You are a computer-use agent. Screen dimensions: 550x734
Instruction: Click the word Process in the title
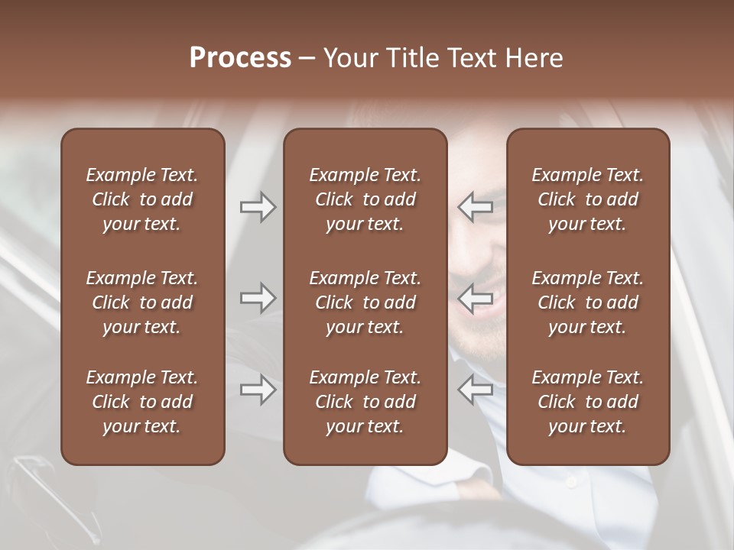tap(240, 58)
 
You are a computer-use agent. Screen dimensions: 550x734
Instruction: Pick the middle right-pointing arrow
tap(258, 298)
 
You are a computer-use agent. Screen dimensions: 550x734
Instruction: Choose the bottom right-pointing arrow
tap(258, 390)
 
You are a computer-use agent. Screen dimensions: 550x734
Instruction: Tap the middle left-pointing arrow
tap(476, 298)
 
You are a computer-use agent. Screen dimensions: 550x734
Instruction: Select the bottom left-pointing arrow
tap(476, 390)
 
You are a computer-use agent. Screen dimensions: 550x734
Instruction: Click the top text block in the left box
tap(142, 199)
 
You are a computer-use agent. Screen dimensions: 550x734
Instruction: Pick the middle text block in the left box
tap(142, 302)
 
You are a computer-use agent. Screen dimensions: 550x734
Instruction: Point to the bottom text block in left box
tap(142, 402)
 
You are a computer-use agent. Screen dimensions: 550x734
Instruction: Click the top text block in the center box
tap(365, 199)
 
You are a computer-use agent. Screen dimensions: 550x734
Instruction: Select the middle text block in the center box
tap(365, 302)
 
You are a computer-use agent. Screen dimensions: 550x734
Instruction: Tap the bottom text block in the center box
tap(365, 402)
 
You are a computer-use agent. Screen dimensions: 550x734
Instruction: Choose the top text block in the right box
tap(587, 199)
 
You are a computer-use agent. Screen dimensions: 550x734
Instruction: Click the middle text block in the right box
tap(587, 302)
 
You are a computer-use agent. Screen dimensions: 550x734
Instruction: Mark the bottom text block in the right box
tap(587, 402)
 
